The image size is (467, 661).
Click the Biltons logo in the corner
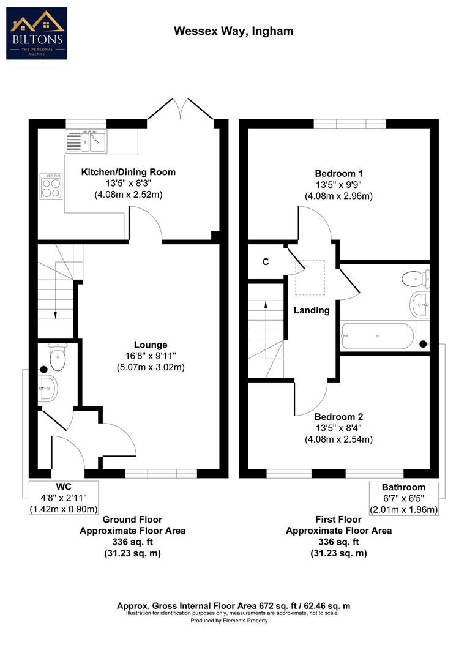[37, 33]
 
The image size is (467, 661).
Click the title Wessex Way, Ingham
[225, 31]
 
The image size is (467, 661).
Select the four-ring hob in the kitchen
[51, 186]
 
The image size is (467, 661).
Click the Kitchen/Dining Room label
[129, 172]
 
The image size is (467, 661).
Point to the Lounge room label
[151, 345]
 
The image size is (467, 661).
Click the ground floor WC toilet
[58, 359]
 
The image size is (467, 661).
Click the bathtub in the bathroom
[376, 336]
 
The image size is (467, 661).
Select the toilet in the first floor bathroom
[415, 279]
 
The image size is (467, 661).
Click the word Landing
[312, 310]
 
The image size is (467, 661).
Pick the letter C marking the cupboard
[266, 262]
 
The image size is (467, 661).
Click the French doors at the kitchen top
[179, 110]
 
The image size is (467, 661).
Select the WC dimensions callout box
[64, 498]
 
